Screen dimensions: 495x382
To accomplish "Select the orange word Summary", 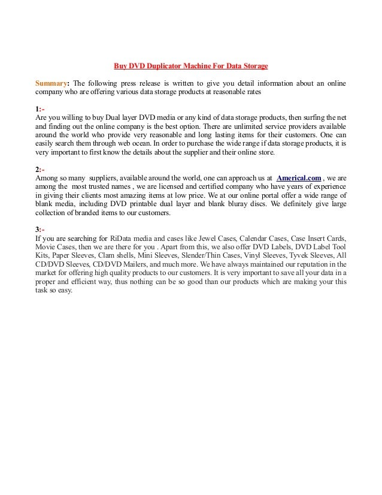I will tap(51, 82).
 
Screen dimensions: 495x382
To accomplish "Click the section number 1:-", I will tap(40, 108).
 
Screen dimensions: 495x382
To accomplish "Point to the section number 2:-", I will tap(40, 170).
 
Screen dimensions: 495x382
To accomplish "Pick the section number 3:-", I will tap(40, 230).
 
